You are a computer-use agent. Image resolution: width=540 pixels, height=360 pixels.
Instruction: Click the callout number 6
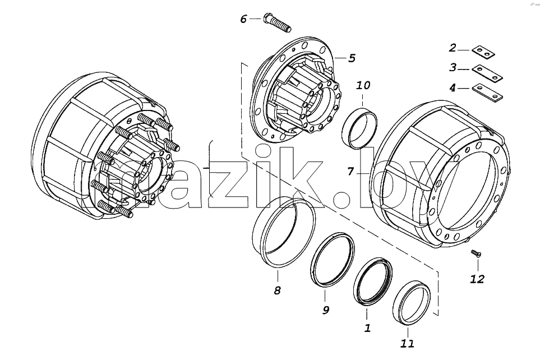tap(243, 19)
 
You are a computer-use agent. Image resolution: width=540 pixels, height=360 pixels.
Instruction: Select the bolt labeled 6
tap(277, 23)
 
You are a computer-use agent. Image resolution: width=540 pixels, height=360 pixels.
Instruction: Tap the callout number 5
tap(351, 58)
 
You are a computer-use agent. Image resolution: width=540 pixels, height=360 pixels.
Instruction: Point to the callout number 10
tap(363, 85)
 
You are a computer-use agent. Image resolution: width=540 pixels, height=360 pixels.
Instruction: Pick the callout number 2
tap(453, 48)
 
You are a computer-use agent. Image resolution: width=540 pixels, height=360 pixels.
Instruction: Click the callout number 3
tap(453, 67)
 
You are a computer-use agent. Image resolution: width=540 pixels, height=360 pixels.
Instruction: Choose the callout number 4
tap(453, 88)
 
